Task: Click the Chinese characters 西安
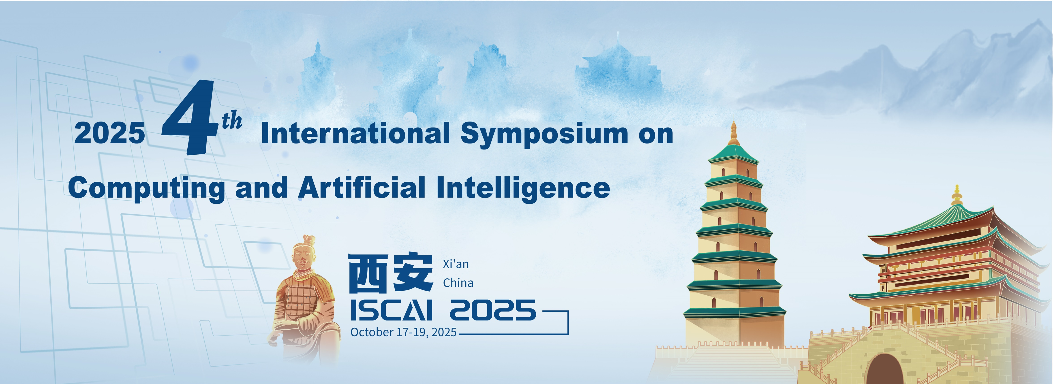click(x=390, y=273)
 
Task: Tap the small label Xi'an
click(x=456, y=264)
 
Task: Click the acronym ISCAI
click(x=392, y=310)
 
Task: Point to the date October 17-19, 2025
click(x=403, y=332)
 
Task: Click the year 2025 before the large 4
click(x=109, y=134)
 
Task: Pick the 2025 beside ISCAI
click(x=493, y=310)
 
